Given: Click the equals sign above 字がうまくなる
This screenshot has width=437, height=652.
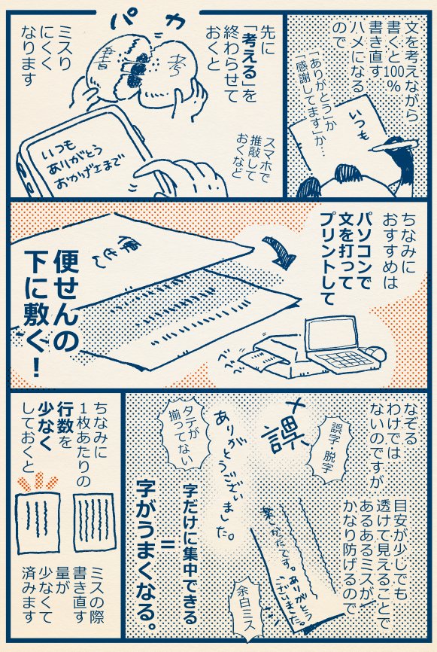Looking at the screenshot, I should click(x=161, y=543).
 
